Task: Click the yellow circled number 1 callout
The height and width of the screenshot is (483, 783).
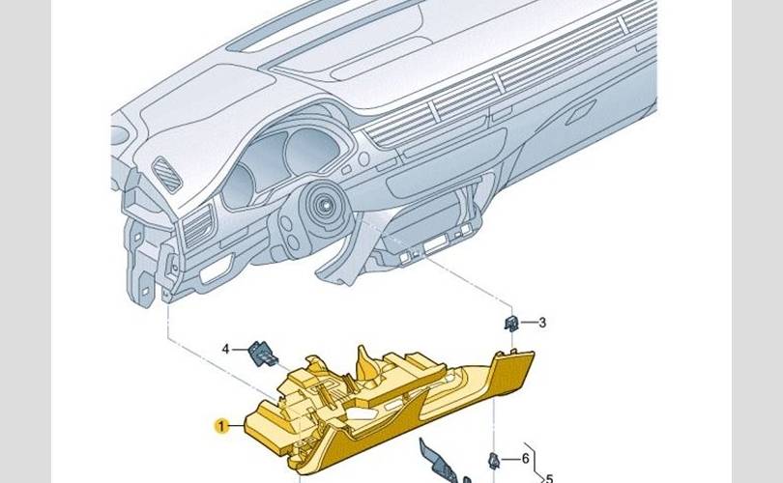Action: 221,427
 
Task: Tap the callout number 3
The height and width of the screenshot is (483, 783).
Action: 542,323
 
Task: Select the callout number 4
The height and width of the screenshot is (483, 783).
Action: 225,349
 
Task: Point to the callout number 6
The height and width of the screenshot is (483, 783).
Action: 525,458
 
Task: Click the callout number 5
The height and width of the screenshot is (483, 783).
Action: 549,478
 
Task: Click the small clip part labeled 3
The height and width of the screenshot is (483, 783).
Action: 511,324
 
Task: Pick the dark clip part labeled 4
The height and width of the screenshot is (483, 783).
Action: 263,354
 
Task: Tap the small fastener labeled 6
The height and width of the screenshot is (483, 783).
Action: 493,461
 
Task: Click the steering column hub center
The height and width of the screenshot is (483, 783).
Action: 325,204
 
